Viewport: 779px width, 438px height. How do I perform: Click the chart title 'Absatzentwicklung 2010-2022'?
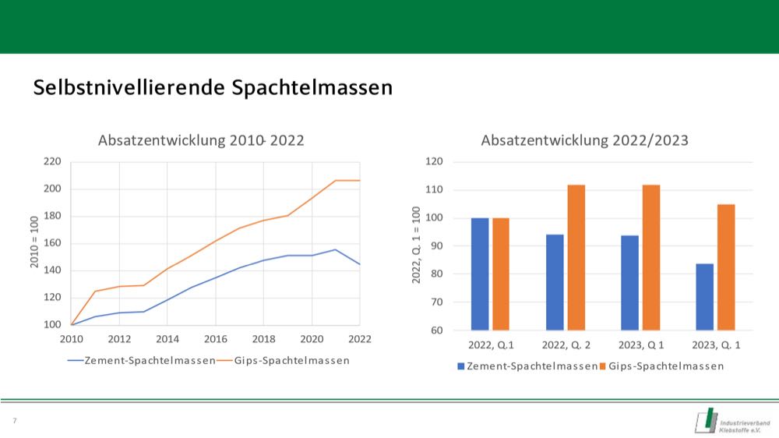pyautogui.click(x=201, y=141)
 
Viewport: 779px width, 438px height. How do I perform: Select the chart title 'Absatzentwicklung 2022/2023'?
pyautogui.click(x=585, y=141)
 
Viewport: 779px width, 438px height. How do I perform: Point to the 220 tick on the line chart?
pyautogui.click(x=51, y=162)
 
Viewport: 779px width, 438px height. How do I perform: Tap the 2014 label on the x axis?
pyautogui.click(x=167, y=339)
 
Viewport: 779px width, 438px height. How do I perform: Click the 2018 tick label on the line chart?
pyautogui.click(x=263, y=339)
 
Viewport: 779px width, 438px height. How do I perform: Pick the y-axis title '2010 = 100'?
pyautogui.click(x=35, y=243)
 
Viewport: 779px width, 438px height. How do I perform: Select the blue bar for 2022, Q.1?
pyautogui.click(x=480, y=274)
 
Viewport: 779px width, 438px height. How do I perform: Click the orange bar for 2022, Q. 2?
pyautogui.click(x=576, y=257)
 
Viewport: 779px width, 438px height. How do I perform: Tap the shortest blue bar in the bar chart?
pyautogui.click(x=704, y=296)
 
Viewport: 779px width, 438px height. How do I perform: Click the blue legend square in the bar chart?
pyautogui.click(x=461, y=366)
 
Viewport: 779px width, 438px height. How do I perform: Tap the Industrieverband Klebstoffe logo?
pyautogui.click(x=732, y=421)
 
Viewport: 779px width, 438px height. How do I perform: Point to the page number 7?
pyautogui.click(x=14, y=421)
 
